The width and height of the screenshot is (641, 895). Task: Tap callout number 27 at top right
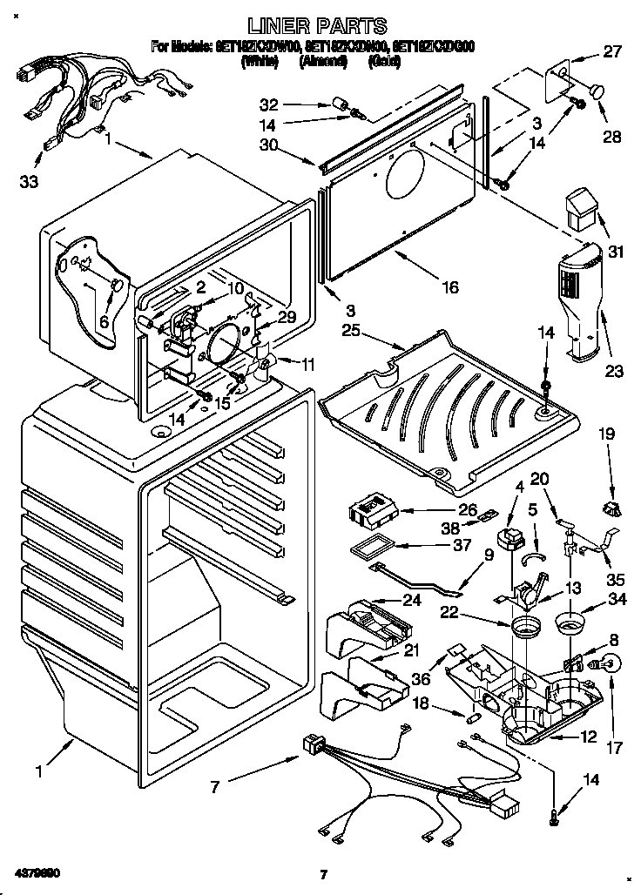click(612, 51)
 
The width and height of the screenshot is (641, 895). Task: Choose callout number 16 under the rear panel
click(450, 286)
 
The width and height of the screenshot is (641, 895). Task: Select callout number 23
click(615, 372)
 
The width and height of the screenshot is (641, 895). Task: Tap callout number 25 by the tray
click(351, 332)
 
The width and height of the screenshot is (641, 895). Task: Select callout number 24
click(410, 600)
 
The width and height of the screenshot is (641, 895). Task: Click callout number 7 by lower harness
click(214, 788)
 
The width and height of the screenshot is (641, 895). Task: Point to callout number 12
click(589, 737)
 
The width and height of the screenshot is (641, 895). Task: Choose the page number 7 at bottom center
click(321, 873)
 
